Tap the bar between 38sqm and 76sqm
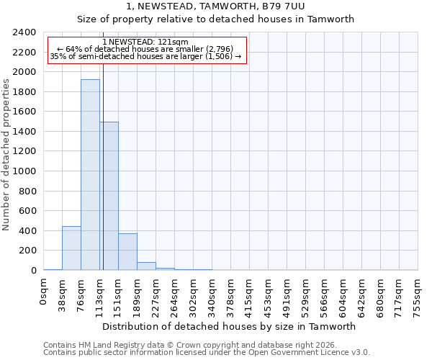pyautogui.click(x=71, y=248)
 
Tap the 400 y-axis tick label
pyautogui.click(x=27, y=231)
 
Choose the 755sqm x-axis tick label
pyautogui.click(x=418, y=295)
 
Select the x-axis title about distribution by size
pyautogui.click(x=229, y=326)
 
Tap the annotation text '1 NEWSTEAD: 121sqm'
pyautogui.click(x=146, y=42)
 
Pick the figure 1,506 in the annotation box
pyautogui.click(x=217, y=56)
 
